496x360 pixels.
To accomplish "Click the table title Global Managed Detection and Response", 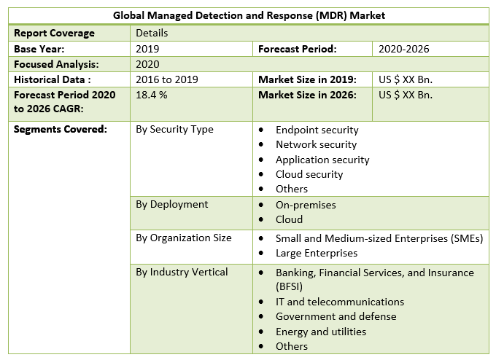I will click(x=249, y=15).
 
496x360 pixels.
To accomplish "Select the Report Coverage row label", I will click(x=54, y=33).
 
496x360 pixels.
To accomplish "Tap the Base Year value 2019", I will click(x=147, y=49).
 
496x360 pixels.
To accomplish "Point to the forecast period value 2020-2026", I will click(x=403, y=49).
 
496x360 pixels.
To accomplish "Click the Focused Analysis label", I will click(x=55, y=64).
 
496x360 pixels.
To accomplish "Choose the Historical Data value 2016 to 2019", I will click(x=167, y=79).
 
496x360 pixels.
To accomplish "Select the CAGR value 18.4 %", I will click(x=152, y=95).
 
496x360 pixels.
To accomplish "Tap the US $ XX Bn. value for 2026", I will click(x=406, y=95).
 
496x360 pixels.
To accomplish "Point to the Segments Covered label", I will click(x=60, y=129).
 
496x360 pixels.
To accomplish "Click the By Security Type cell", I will click(x=175, y=129).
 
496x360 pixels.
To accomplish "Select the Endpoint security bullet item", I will click(x=317, y=130).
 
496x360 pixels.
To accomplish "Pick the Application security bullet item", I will click(x=322, y=160).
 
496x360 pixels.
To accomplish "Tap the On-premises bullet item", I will click(x=306, y=205).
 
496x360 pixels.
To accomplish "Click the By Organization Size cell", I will click(x=184, y=238).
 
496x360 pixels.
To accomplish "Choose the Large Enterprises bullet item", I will click(x=317, y=253).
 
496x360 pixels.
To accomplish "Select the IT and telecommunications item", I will click(x=339, y=302).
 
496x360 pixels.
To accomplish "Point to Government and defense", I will click(x=336, y=316).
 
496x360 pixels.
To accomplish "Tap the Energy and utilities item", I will click(x=320, y=332).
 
